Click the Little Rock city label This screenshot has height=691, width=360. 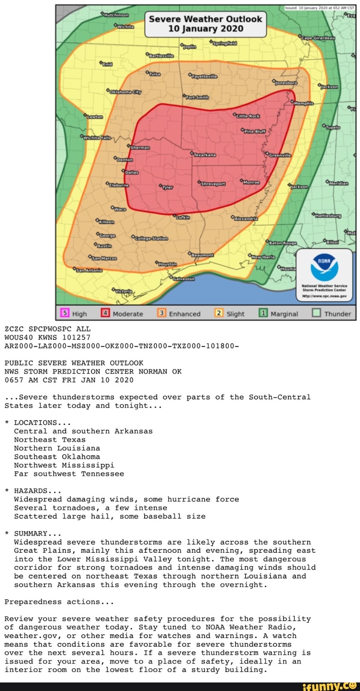248,116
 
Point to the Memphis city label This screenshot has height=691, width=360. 304,103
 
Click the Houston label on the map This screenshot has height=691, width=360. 167,264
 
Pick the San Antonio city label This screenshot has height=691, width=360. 89,270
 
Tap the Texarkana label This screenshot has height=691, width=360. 204,155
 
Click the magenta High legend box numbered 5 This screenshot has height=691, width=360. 65,313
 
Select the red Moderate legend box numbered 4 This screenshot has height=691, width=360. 105,313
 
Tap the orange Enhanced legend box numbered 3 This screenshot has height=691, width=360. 162,313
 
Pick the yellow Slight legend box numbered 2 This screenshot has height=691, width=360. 219,313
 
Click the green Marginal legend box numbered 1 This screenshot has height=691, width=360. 263,313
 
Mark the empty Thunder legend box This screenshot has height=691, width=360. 316,313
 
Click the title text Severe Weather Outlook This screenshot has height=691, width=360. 205,19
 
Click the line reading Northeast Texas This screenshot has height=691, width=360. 49,440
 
